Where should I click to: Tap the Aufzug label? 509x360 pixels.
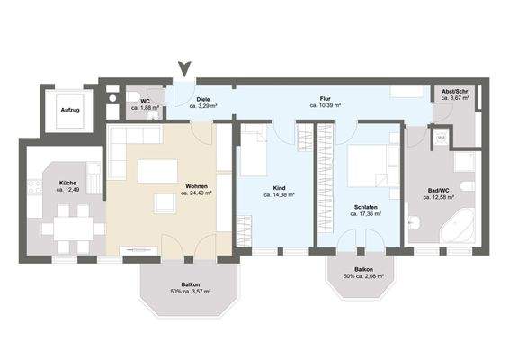(69, 111)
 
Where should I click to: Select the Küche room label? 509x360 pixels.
(67, 184)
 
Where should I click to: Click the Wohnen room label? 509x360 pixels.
(193, 186)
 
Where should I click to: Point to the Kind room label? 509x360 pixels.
(279, 188)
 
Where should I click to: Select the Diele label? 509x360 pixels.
(203, 99)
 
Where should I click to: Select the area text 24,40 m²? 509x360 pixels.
(194, 193)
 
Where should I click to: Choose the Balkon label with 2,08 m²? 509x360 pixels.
(363, 269)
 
